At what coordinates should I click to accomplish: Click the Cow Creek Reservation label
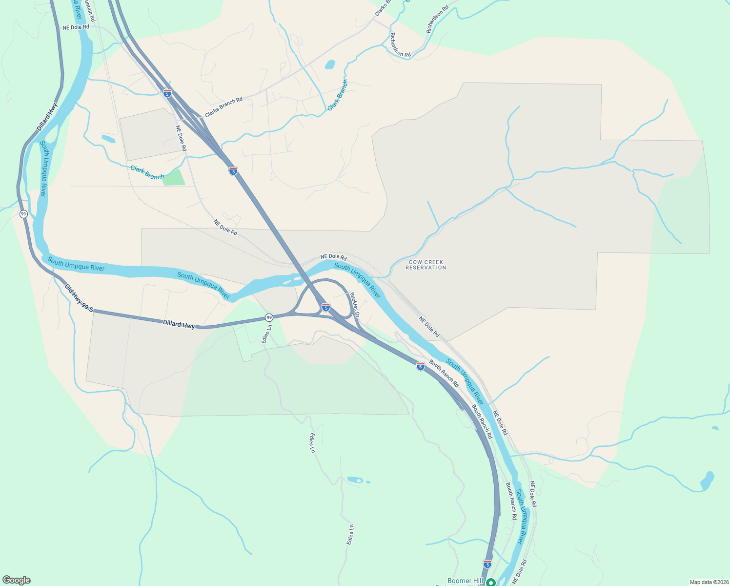point(426,265)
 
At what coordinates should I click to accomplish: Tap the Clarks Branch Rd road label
point(223,107)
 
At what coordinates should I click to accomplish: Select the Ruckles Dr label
point(355,305)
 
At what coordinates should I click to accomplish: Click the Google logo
point(17,580)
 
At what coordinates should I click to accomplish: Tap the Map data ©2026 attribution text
point(708,582)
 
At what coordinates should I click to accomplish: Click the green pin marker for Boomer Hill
point(491,582)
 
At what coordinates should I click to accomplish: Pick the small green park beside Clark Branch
point(174,177)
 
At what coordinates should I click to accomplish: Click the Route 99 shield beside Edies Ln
point(269,317)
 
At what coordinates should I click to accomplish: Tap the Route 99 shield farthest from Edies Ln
point(23,214)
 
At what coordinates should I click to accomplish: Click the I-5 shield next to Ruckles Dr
point(326,307)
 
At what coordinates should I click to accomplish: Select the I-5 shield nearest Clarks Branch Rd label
point(167,93)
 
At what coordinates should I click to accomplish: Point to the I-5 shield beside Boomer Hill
point(487,564)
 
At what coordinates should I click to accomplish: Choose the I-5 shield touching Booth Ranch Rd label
point(421,366)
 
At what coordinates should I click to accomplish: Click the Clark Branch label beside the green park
point(147,172)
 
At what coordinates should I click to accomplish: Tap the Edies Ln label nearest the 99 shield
point(266,334)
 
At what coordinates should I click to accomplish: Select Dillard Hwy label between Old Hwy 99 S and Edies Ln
point(179,324)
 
